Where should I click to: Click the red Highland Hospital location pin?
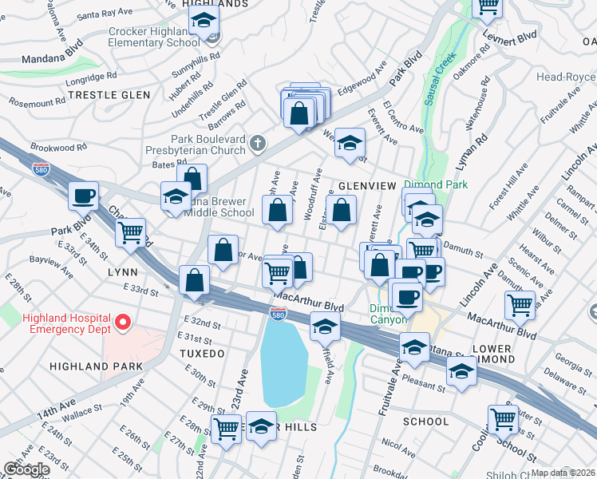click(x=123, y=323)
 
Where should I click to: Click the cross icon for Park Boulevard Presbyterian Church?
click(x=256, y=143)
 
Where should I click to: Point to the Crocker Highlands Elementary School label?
click(x=154, y=37)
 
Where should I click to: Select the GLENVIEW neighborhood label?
click(x=367, y=185)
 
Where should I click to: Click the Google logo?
click(x=26, y=469)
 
